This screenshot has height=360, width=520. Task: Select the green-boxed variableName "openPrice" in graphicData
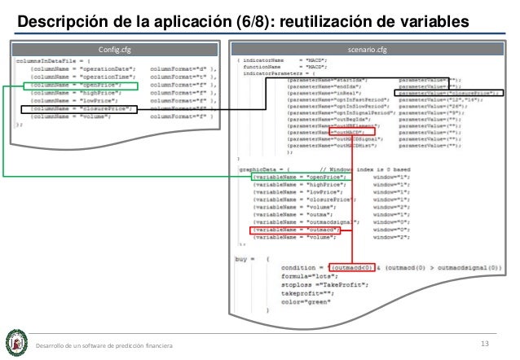302,176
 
